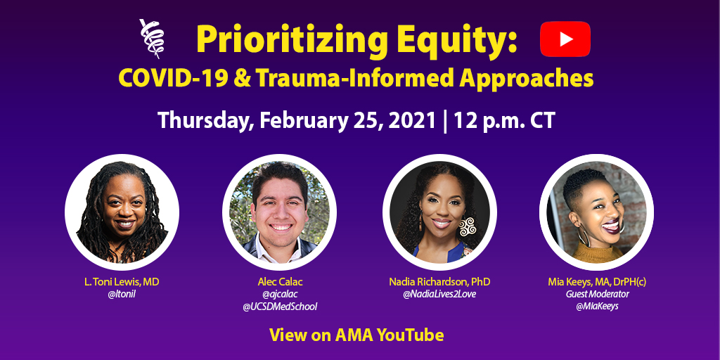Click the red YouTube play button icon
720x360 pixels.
tap(565, 39)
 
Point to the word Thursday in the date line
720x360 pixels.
tap(202, 120)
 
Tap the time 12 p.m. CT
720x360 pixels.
tap(503, 120)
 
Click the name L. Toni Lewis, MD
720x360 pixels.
tap(122, 281)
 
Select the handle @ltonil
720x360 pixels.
tap(122, 294)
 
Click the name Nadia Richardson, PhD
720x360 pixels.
tap(439, 281)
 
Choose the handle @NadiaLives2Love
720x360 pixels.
tap(439, 294)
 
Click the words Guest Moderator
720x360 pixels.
tap(597, 294)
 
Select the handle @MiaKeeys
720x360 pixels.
tap(597, 307)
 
